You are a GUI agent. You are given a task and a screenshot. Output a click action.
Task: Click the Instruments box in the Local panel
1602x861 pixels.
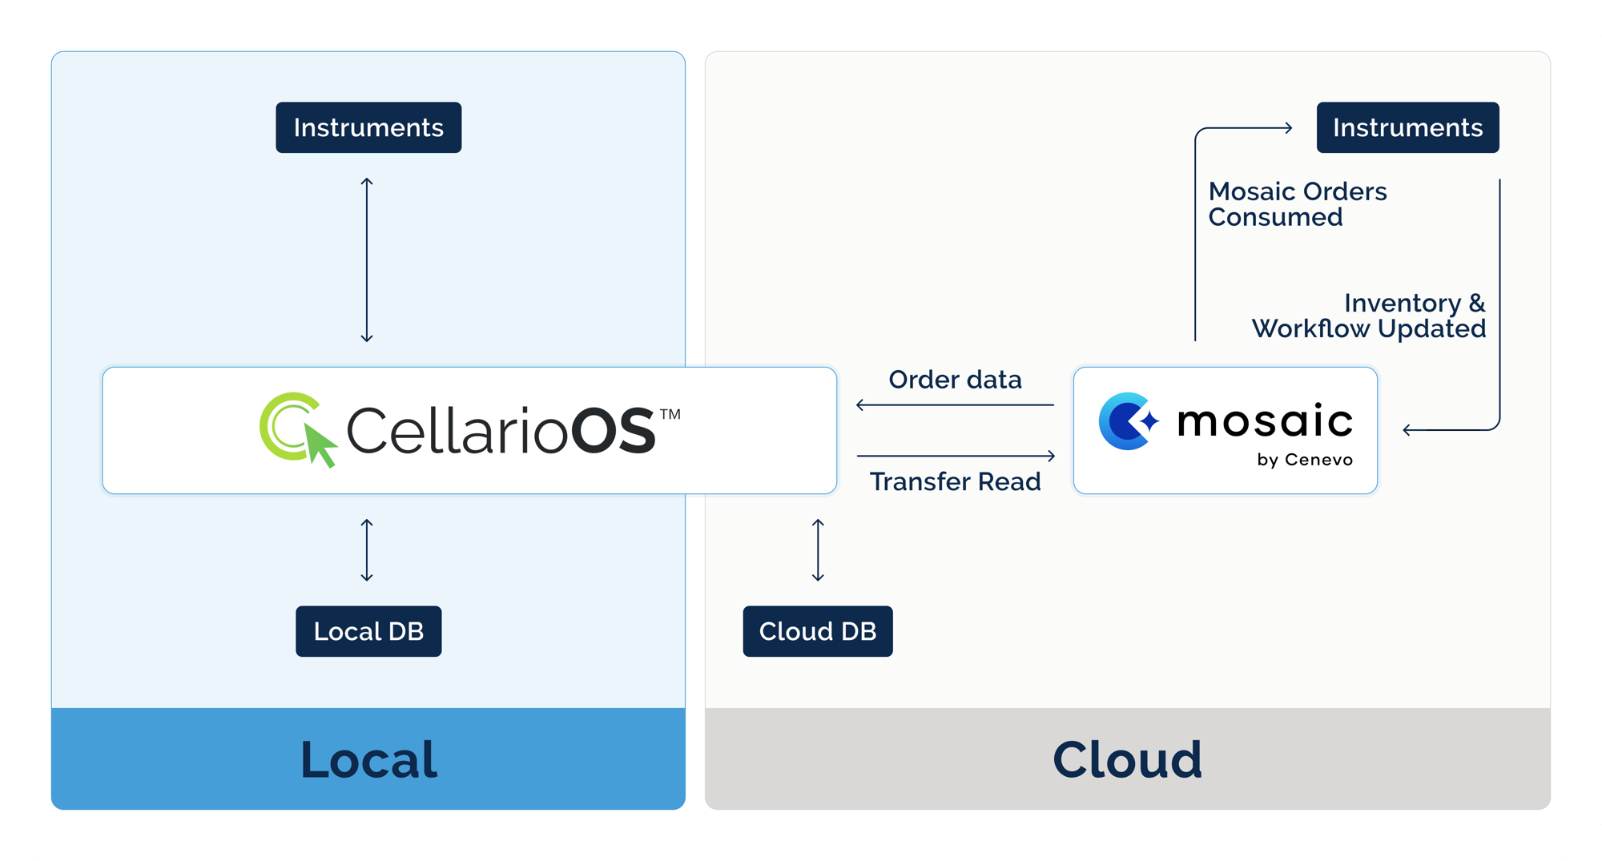(x=368, y=127)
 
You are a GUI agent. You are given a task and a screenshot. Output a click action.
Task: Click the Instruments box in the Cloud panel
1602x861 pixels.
(x=1407, y=127)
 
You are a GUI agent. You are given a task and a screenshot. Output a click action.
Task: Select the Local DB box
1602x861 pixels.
(x=368, y=631)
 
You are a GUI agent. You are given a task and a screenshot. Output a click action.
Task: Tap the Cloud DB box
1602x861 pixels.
(x=817, y=631)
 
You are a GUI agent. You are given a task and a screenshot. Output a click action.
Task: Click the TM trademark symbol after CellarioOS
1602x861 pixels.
(x=670, y=414)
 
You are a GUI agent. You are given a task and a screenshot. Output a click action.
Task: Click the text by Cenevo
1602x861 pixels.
(x=1304, y=460)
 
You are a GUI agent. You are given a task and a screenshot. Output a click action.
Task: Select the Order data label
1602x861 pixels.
(x=955, y=380)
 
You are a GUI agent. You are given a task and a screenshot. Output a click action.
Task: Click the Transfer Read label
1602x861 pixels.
(x=955, y=481)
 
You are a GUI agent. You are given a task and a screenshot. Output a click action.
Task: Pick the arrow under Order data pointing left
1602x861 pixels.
(x=955, y=405)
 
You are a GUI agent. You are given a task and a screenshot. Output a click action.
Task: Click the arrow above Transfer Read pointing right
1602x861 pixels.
(x=956, y=456)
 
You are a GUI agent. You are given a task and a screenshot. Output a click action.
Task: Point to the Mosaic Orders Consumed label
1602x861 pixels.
(x=1297, y=204)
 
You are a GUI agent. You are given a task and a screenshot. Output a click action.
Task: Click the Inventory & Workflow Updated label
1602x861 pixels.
(x=1368, y=316)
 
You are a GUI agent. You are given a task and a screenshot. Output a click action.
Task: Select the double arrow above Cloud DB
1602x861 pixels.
(x=818, y=550)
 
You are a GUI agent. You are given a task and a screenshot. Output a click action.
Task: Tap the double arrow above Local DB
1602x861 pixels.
(x=367, y=550)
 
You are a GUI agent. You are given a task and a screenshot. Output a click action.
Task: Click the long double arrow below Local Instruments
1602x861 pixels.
(x=367, y=260)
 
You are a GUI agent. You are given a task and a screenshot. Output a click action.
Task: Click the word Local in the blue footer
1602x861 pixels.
(x=368, y=759)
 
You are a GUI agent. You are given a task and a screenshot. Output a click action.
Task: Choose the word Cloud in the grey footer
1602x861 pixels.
(x=1127, y=759)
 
